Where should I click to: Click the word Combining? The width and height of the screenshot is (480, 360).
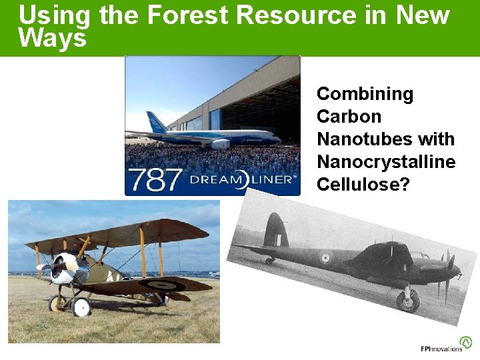[x=365, y=94]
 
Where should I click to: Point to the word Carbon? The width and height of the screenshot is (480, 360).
[x=349, y=117]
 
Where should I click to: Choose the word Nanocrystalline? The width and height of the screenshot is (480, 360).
[x=386, y=162]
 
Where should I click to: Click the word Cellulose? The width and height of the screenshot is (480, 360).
[x=359, y=185]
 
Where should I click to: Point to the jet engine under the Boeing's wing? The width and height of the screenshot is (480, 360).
[x=220, y=143]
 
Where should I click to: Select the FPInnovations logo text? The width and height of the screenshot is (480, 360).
[x=441, y=349]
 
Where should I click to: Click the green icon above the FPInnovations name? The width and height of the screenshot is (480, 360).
[x=465, y=342]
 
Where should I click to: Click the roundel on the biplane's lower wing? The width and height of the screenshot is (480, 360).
[x=159, y=285]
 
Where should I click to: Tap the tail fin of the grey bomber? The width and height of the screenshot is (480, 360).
[x=275, y=231]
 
